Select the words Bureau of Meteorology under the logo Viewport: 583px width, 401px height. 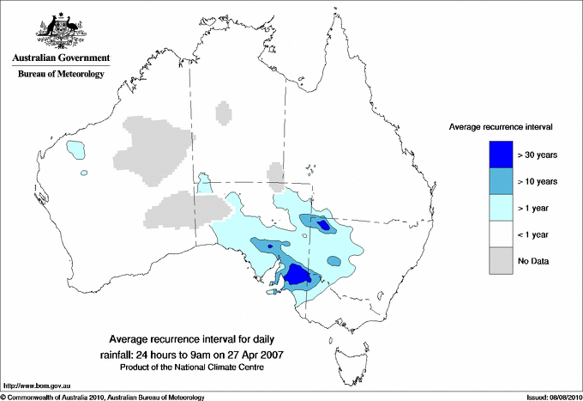click(61, 75)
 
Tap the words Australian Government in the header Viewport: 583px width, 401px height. click(61, 58)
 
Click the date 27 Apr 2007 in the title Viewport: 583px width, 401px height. click(254, 354)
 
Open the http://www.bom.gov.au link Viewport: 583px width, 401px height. click(36, 386)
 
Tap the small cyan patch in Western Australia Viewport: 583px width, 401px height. click(77, 151)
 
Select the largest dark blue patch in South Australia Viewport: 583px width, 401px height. click(298, 275)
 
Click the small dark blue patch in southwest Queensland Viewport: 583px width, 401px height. click(323, 225)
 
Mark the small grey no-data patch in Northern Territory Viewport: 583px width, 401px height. click(223, 112)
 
